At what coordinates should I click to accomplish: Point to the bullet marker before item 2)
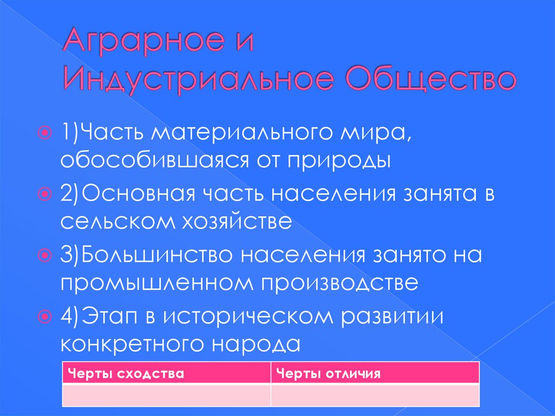[x=48, y=194]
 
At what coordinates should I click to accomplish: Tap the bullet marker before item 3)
[x=48, y=254]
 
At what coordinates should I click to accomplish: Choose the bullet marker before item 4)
[x=48, y=316]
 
